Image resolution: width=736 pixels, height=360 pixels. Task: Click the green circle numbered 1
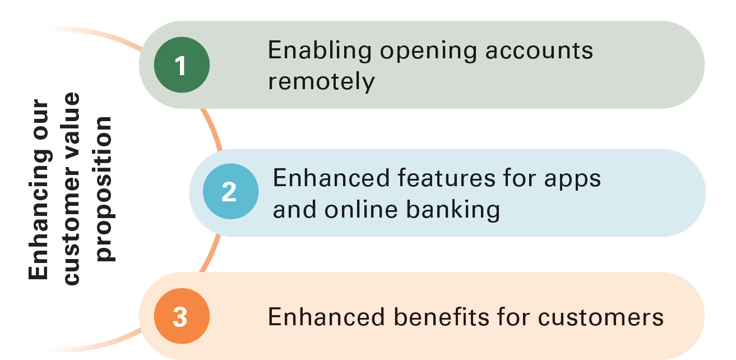pyautogui.click(x=182, y=65)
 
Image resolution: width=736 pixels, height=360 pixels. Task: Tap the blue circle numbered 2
pyautogui.click(x=230, y=191)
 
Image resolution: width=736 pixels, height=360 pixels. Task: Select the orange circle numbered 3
pyautogui.click(x=182, y=316)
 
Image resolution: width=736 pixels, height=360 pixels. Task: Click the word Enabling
pyautogui.click(x=320, y=51)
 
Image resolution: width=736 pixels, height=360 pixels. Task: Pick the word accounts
pyautogui.click(x=539, y=51)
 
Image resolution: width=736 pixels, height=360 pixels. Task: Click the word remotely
pyautogui.click(x=321, y=81)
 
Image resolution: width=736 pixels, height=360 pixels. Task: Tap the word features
pyautogui.click(x=447, y=178)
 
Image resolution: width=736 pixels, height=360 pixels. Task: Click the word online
pyautogui.click(x=361, y=209)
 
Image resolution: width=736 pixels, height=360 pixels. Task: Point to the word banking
pyautogui.click(x=453, y=210)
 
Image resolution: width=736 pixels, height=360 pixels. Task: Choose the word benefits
pyautogui.click(x=441, y=317)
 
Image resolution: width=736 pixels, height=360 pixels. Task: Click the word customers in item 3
pyautogui.click(x=601, y=317)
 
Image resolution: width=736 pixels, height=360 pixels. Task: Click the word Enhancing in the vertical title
pyautogui.click(x=40, y=214)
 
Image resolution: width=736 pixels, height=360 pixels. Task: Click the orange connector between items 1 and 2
pyautogui.click(x=211, y=129)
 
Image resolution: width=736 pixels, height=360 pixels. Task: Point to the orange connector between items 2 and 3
pyautogui.click(x=210, y=253)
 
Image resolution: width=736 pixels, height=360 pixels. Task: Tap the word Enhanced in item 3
pyautogui.click(x=326, y=317)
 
